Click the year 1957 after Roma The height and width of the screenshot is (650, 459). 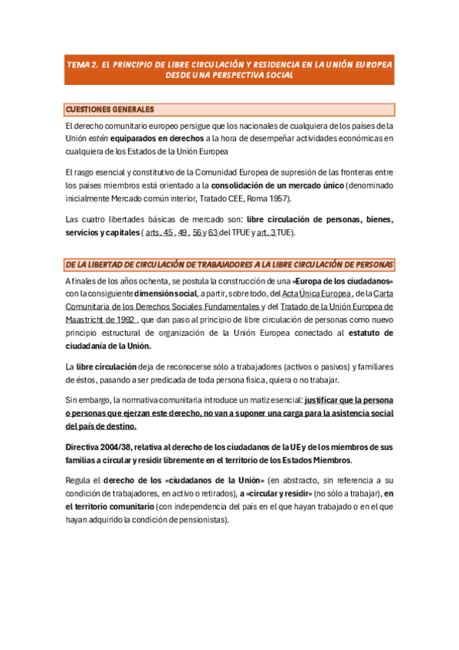[x=276, y=199]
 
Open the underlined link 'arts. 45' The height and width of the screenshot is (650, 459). [x=159, y=232]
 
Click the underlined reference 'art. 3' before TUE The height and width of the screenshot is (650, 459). [x=266, y=232]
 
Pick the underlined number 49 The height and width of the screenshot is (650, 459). [x=182, y=232]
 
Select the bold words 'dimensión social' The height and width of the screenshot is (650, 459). [x=166, y=294]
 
